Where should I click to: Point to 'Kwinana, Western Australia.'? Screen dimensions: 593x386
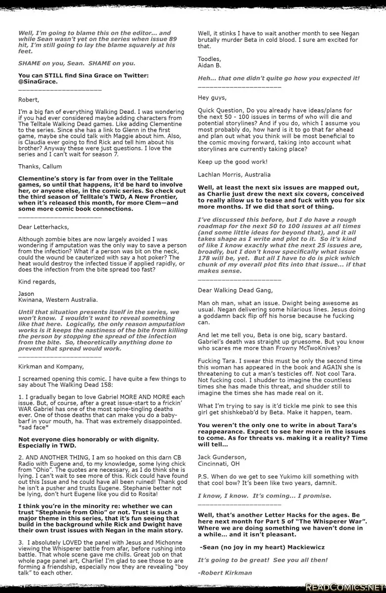(x=58, y=300)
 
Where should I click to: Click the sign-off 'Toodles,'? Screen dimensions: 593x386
(x=209, y=59)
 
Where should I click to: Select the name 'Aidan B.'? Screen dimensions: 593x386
(x=209, y=65)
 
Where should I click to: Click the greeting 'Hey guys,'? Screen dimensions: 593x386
(x=212, y=97)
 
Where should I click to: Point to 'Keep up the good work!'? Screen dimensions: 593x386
(x=233, y=162)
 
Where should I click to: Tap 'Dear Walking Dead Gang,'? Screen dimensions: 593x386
(x=235, y=290)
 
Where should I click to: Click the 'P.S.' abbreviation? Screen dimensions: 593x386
(x=203, y=476)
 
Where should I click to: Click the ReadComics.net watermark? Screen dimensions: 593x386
(x=345, y=587)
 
